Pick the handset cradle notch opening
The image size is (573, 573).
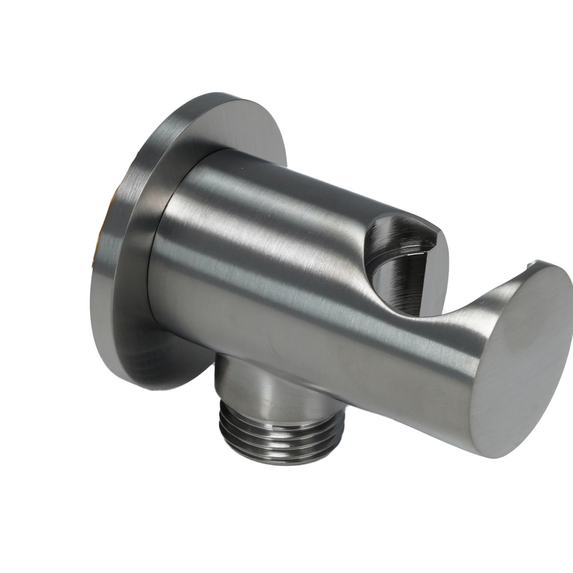(400, 263)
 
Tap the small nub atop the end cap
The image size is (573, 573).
(536, 262)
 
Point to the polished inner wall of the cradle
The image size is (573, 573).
(392, 280)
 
